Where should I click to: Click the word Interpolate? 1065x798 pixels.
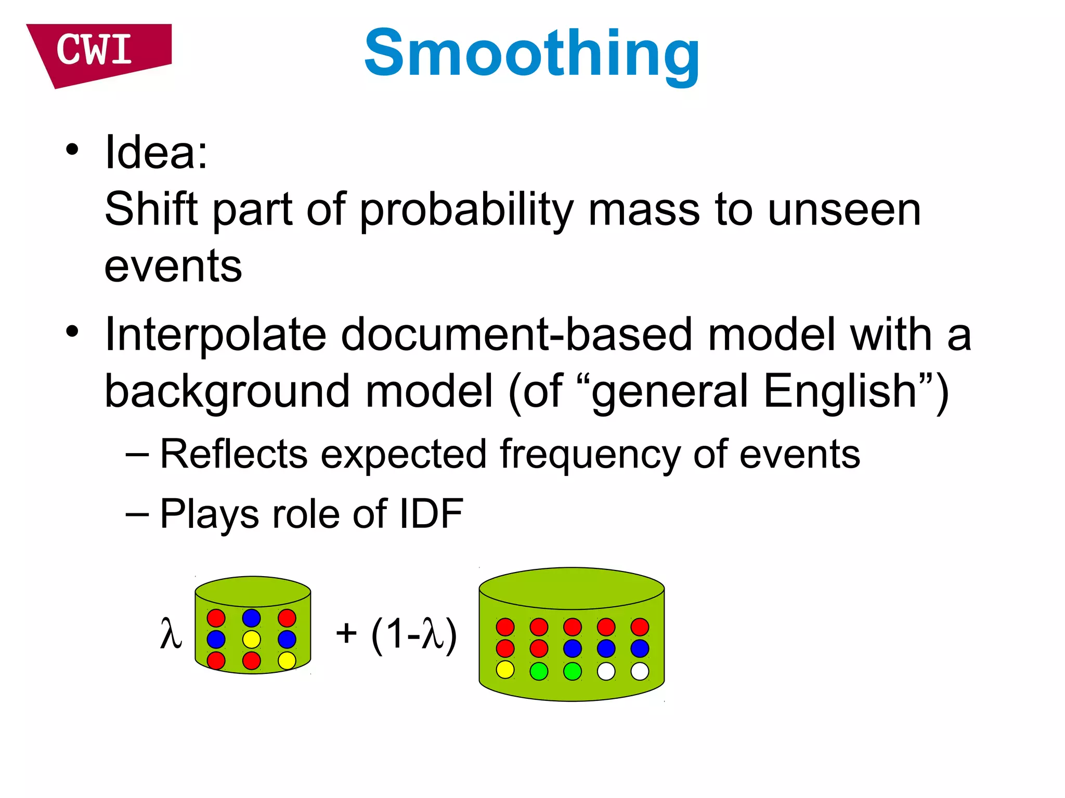(215, 335)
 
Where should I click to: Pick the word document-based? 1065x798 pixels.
(517, 335)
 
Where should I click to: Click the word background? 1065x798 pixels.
(227, 392)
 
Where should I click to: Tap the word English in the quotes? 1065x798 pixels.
(840, 392)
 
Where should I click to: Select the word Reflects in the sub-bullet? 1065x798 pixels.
(233, 455)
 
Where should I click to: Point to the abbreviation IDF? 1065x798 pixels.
(431, 514)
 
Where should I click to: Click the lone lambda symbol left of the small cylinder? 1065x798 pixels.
(171, 633)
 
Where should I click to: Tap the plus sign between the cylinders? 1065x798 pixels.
(346, 633)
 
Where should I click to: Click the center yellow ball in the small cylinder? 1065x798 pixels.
(251, 639)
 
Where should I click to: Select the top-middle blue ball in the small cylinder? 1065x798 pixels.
(251, 618)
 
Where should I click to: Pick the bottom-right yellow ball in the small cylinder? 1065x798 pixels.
(287, 660)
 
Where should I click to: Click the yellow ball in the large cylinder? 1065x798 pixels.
(505, 670)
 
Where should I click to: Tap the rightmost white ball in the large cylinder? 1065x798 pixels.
(640, 671)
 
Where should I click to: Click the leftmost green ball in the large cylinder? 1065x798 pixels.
(539, 671)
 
